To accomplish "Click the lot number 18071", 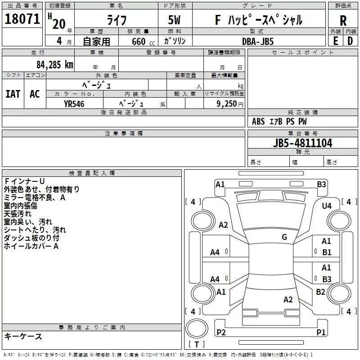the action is pyautogui.click(x=22, y=19).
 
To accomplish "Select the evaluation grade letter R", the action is pyautogui.click(x=343, y=21).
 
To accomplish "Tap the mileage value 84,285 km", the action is pyautogui.click(x=55, y=65).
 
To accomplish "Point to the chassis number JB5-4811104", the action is pyautogui.click(x=302, y=143).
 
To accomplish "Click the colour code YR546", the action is pyautogui.click(x=74, y=104).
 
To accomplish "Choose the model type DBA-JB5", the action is pyautogui.click(x=258, y=41).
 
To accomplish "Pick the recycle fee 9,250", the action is pyautogui.click(x=227, y=104).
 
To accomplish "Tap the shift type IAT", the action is pyautogui.click(x=13, y=94).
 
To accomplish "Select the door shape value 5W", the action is pyautogui.click(x=174, y=20).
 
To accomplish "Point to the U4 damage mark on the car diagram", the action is pyautogui.click(x=327, y=206).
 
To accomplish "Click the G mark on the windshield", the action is pyautogui.click(x=284, y=237).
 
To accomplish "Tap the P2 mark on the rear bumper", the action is pyautogui.click(x=221, y=332).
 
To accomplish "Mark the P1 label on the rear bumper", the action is pyautogui.click(x=321, y=332).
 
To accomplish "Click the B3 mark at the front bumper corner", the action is pyautogui.click(x=321, y=184).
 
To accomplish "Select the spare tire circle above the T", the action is pyautogui.click(x=197, y=328).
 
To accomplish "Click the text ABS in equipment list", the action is pyautogui.click(x=258, y=121).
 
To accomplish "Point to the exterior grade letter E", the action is pyautogui.click(x=335, y=41).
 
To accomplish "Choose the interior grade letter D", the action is pyautogui.click(x=350, y=41).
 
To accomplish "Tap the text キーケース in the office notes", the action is pyautogui.click(x=23, y=336).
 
